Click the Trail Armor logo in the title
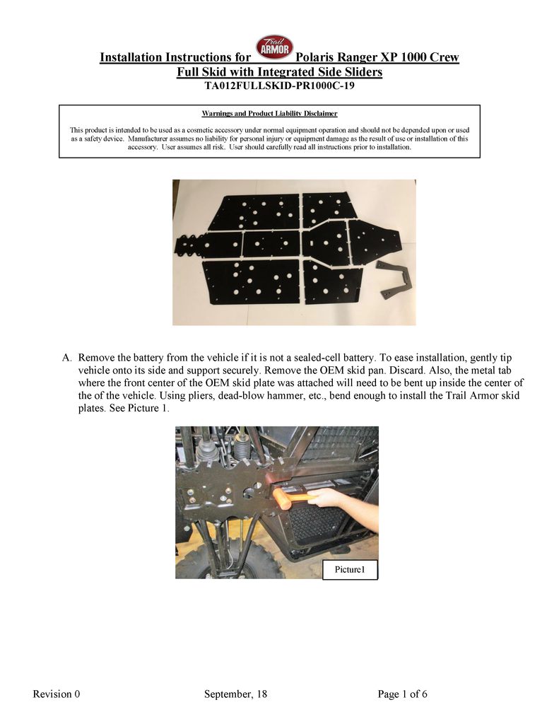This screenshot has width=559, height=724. (x=273, y=49)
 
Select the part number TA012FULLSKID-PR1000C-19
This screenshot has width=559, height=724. (x=279, y=87)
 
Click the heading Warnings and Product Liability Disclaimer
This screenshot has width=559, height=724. (x=269, y=113)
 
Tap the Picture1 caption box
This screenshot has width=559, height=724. (x=350, y=570)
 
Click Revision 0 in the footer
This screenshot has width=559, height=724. (x=57, y=694)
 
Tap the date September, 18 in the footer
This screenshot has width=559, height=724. (x=235, y=694)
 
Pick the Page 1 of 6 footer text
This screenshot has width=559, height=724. (x=403, y=694)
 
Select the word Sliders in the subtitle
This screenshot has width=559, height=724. (x=358, y=72)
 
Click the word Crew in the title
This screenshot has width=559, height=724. (x=442, y=57)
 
